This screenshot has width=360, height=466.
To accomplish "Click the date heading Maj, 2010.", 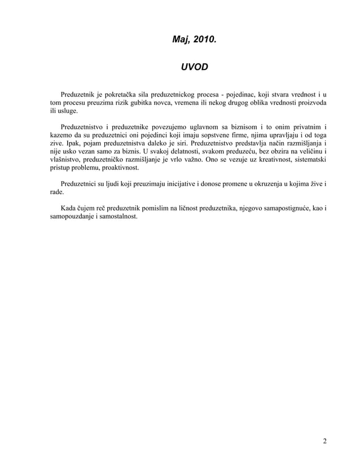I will [x=194, y=40].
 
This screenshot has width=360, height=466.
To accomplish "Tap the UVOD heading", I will [x=194, y=67].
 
